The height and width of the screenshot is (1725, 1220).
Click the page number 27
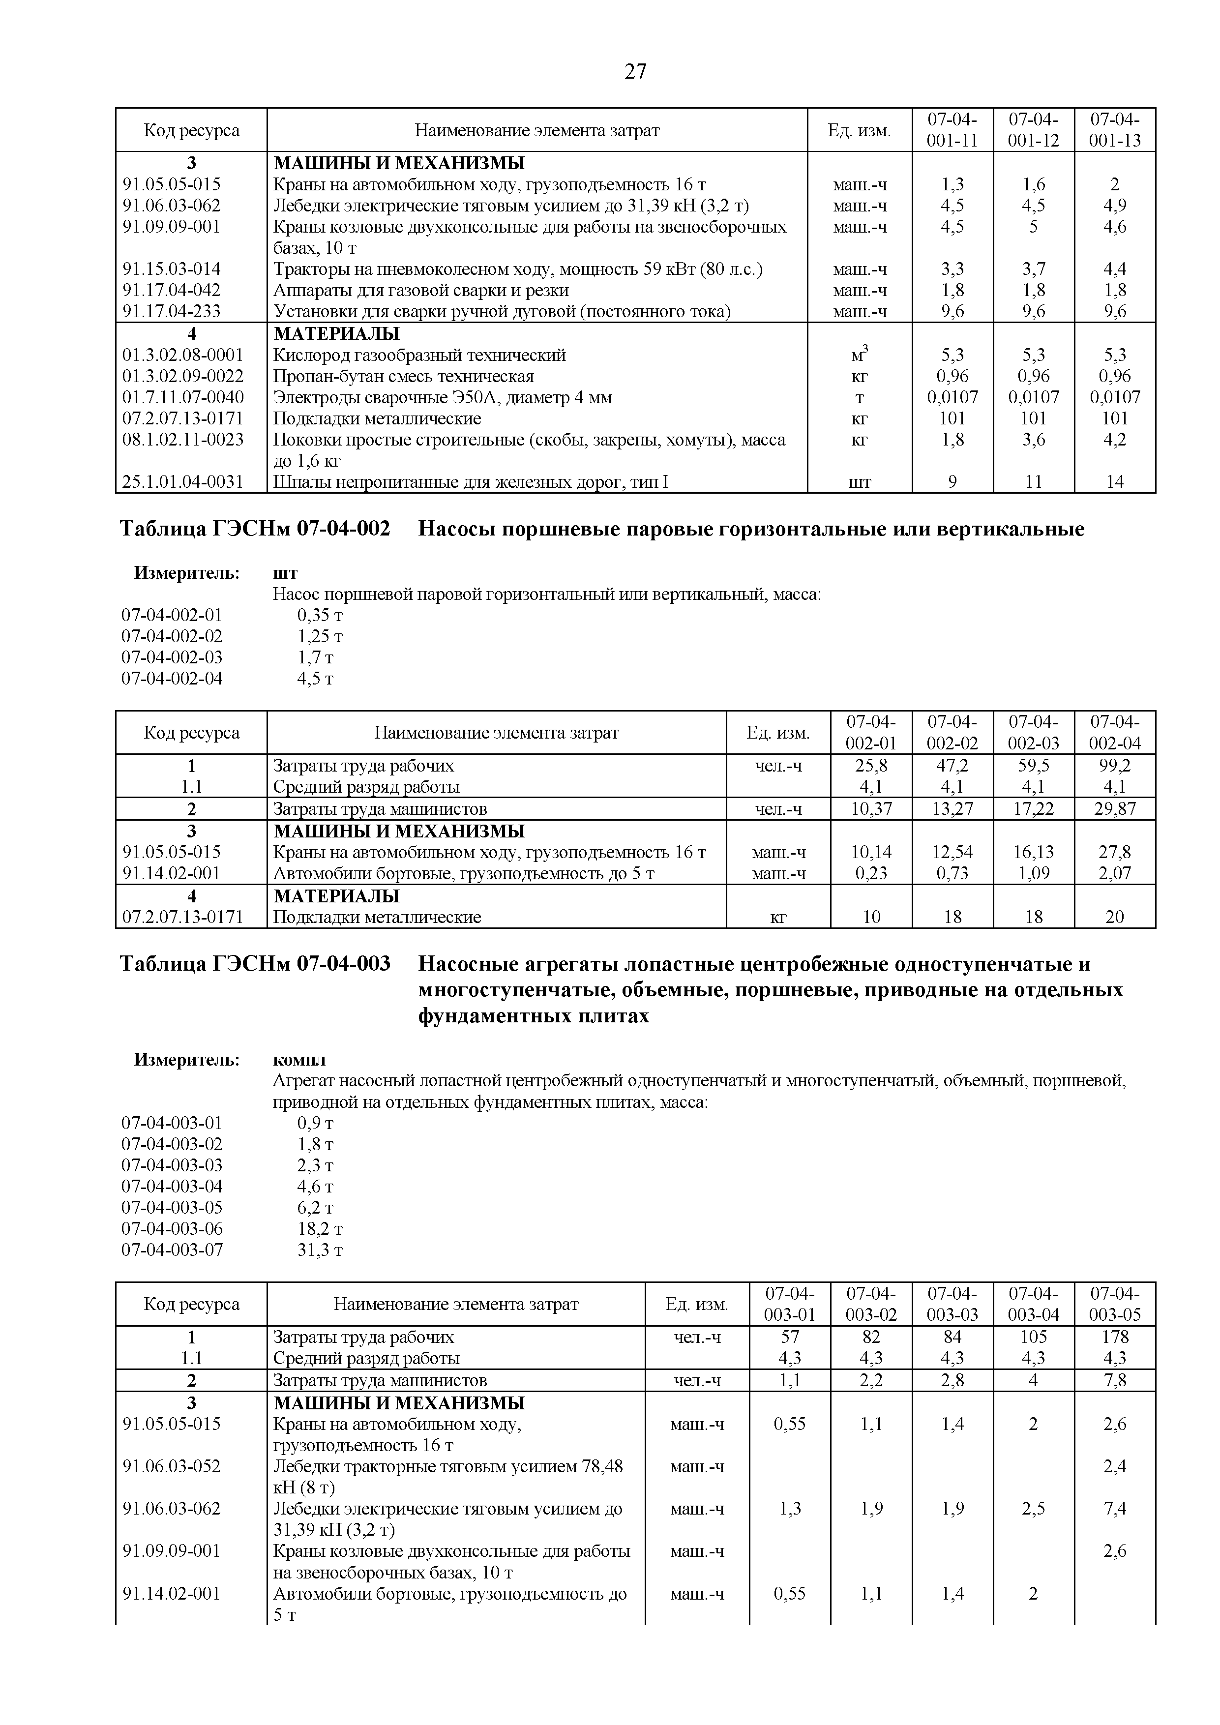(x=635, y=72)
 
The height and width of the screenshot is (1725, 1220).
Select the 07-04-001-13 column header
(x=1115, y=130)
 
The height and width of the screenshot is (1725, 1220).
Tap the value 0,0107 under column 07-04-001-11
(x=952, y=397)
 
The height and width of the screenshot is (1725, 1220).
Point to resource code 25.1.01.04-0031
(x=182, y=481)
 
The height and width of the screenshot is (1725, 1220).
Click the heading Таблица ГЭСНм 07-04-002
(x=255, y=530)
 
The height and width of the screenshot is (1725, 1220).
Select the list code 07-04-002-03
(x=172, y=657)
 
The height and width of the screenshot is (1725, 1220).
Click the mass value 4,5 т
(x=315, y=679)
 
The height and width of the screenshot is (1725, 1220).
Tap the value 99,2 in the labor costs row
(x=1115, y=766)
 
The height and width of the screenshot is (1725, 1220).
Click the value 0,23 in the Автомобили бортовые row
(x=871, y=873)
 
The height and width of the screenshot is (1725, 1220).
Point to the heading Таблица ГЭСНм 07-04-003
(x=255, y=964)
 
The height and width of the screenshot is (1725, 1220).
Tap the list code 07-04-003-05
(x=172, y=1208)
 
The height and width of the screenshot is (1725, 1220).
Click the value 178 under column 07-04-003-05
(x=1115, y=1337)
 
